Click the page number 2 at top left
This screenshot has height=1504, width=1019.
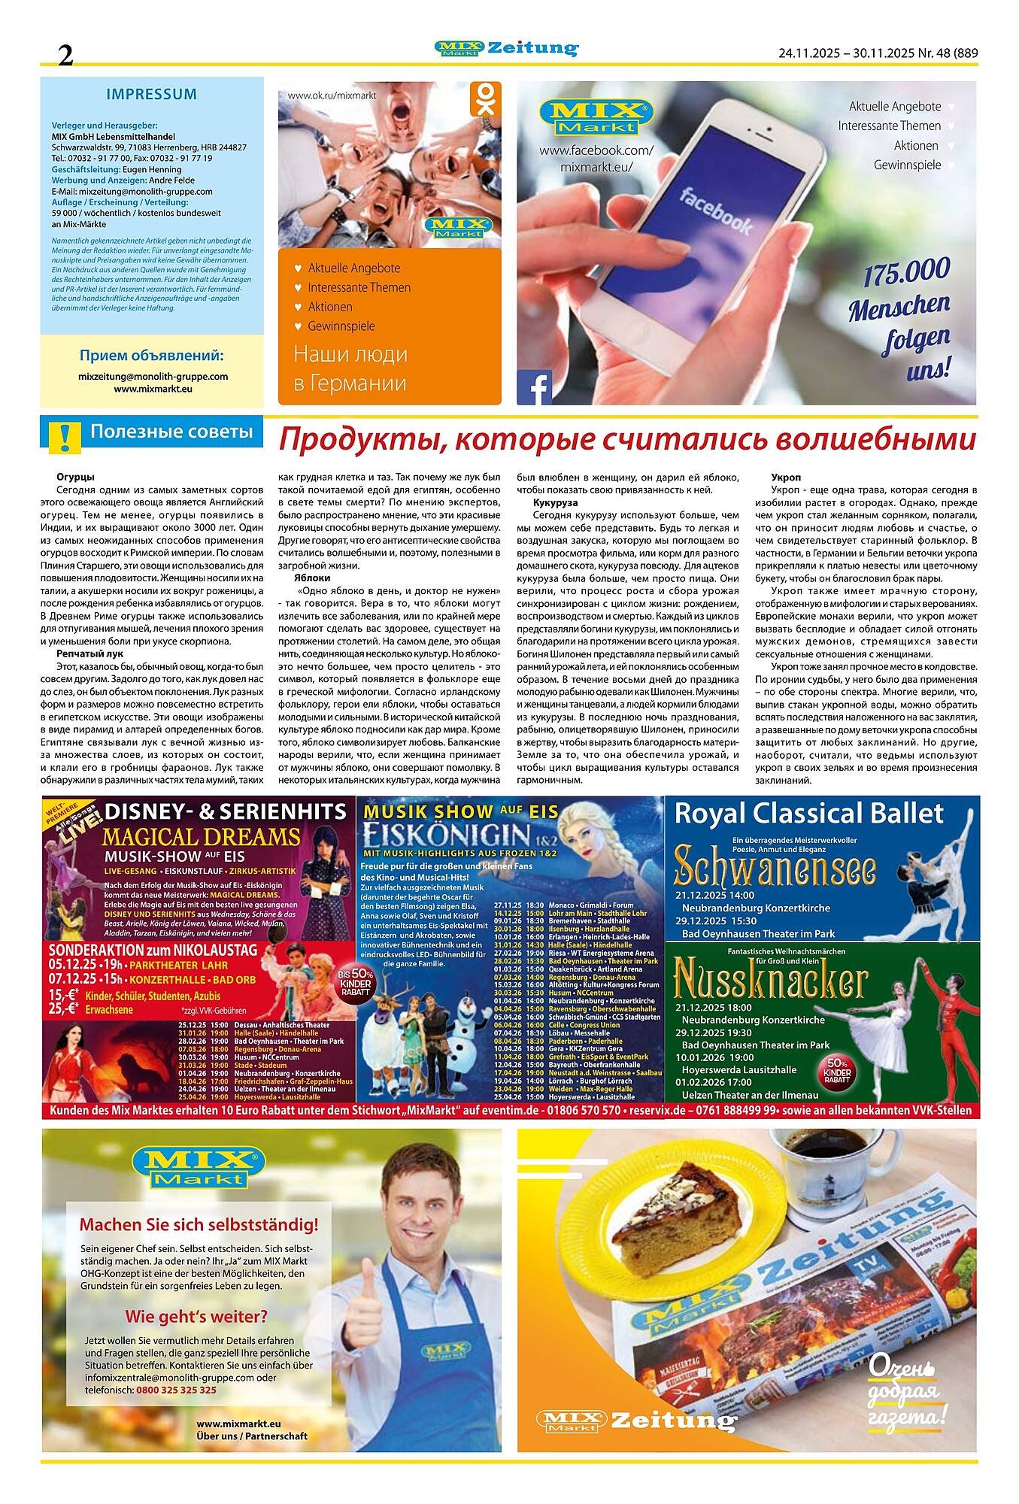pos(66,53)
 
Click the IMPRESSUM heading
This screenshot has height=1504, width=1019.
pos(151,95)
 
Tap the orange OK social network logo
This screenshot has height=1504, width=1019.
pos(485,99)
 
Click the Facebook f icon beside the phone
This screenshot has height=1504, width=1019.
pos(535,388)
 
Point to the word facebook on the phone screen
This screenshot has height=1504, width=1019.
pos(716,211)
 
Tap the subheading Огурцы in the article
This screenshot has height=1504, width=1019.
pos(75,478)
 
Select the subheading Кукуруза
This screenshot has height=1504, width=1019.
pos(555,501)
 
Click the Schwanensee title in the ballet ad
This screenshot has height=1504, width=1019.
pos(775,869)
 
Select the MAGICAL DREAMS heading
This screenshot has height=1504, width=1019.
pos(201,837)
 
